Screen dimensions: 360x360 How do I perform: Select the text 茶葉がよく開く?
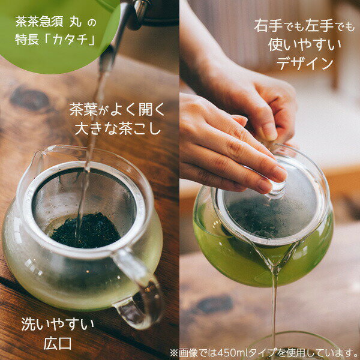click(x=116, y=110)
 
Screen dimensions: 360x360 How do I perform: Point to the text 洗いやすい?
click(x=58, y=325)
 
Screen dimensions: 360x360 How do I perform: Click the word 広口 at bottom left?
click(x=58, y=344)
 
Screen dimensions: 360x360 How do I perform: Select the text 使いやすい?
click(x=305, y=44)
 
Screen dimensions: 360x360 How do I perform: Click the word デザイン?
click(x=305, y=63)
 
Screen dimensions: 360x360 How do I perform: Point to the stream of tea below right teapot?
click(x=274, y=306)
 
